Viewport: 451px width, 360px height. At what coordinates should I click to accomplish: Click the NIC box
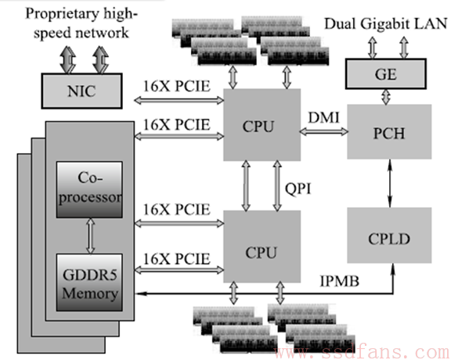coord(82,91)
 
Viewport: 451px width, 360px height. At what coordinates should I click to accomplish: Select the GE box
coord(385,74)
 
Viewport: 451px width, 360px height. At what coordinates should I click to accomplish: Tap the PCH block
coord(389,131)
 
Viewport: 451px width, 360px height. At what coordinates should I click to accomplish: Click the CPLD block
coord(389,236)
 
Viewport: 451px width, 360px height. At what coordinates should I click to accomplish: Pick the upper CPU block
coord(262,124)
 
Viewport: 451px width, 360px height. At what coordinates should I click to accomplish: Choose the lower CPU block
coord(262,247)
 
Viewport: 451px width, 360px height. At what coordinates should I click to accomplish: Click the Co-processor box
coord(89,189)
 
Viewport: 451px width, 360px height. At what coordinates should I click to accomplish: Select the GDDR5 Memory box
coord(89,283)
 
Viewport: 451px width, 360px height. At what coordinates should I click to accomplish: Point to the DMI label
coord(324,117)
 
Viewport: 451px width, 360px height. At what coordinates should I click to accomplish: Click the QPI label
coord(298,189)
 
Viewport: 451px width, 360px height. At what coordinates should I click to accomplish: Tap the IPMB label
coord(340,281)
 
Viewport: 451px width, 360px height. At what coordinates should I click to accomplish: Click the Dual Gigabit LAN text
coord(386,23)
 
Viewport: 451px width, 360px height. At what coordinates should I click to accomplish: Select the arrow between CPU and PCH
coord(324,132)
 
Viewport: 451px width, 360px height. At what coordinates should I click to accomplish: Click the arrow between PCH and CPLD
coord(390,183)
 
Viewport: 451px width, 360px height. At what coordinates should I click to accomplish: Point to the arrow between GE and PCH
coord(386,96)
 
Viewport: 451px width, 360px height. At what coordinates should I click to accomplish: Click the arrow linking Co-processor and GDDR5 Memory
coord(91,236)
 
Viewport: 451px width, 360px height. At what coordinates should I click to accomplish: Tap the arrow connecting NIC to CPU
coord(179,100)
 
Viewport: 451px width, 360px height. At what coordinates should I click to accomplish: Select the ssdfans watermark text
coord(362,352)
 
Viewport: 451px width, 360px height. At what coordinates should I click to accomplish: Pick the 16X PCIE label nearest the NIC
coord(177,86)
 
